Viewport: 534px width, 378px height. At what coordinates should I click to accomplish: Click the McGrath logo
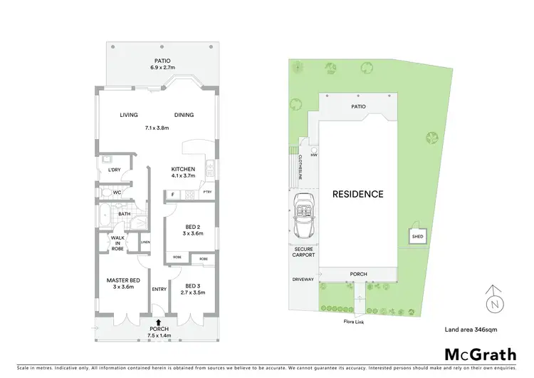coord(481,354)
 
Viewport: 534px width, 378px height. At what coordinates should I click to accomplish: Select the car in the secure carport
coord(303,216)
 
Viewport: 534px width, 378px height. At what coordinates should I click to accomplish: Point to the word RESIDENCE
coord(357,194)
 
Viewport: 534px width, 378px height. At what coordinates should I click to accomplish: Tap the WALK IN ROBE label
coord(117,242)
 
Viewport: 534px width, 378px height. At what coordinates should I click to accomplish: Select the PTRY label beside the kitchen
coord(207,193)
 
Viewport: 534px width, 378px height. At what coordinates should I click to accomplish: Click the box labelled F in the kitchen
coord(172,193)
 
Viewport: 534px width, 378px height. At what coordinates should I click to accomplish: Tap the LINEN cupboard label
coord(145,242)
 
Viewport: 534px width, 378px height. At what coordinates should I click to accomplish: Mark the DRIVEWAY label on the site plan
coord(303,280)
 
